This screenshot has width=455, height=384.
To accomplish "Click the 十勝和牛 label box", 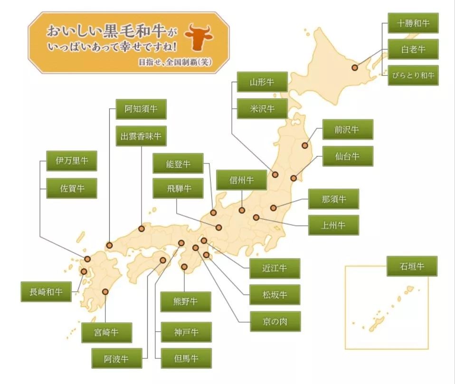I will [413, 23].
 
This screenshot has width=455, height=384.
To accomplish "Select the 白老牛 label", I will [413, 49].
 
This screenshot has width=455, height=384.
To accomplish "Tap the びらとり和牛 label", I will [413, 75].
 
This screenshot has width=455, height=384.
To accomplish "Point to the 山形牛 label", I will [262, 82].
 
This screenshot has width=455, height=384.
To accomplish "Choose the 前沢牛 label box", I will [348, 129].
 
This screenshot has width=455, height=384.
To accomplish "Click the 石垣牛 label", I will [412, 266].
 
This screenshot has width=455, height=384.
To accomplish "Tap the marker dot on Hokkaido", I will [355, 67].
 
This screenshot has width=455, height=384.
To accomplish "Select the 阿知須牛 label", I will [141, 109].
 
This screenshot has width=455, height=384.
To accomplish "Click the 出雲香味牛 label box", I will [141, 136].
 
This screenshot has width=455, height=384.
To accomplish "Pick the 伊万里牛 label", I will [72, 161].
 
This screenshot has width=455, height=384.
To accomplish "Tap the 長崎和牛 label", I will [46, 291].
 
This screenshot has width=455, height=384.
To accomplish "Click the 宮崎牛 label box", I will [106, 333].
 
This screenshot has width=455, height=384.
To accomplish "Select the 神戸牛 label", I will [186, 332].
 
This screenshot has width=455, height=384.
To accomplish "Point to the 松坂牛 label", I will [275, 295].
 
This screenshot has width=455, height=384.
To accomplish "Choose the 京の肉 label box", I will [275, 321].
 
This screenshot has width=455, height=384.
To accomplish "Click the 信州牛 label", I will [241, 180].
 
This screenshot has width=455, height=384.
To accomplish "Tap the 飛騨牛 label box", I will [178, 188].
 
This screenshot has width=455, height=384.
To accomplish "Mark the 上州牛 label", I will [333, 225].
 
